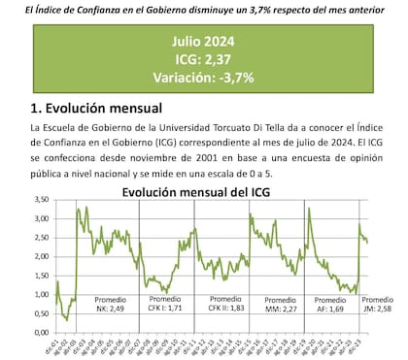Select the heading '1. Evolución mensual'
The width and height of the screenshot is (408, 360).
(96, 107)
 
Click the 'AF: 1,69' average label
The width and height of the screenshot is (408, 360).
(334, 309)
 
